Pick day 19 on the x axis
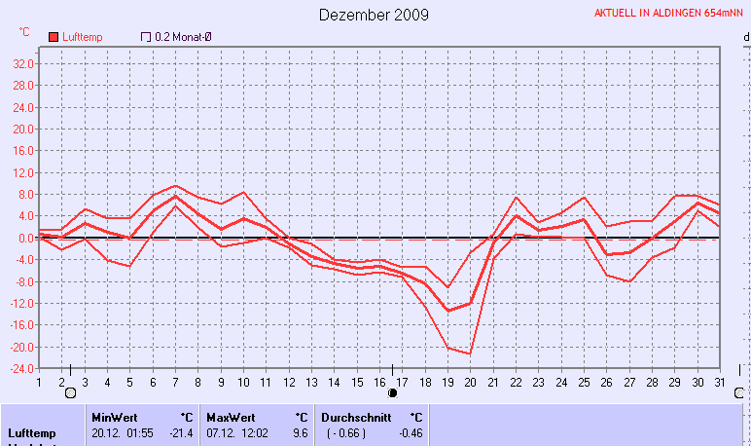coord(447,382)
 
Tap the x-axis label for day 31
coord(718,382)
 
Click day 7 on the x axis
coord(175,382)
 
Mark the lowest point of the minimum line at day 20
coord(470,353)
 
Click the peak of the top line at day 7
coord(175,185)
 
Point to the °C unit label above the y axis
coord(24,32)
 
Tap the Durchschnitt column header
coord(356,417)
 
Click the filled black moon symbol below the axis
coord(393,393)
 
